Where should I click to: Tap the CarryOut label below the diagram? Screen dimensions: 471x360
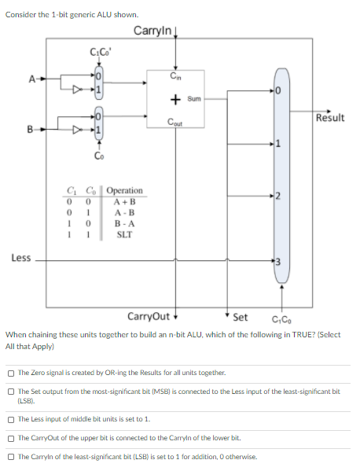148,317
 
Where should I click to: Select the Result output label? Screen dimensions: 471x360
329,118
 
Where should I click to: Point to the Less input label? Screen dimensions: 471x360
21,257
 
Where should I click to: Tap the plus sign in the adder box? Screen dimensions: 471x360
175,99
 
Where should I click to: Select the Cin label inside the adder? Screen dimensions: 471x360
175,75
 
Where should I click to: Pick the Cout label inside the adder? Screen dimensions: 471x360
175,122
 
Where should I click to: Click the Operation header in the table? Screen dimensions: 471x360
124,191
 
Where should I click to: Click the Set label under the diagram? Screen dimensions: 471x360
241,318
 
